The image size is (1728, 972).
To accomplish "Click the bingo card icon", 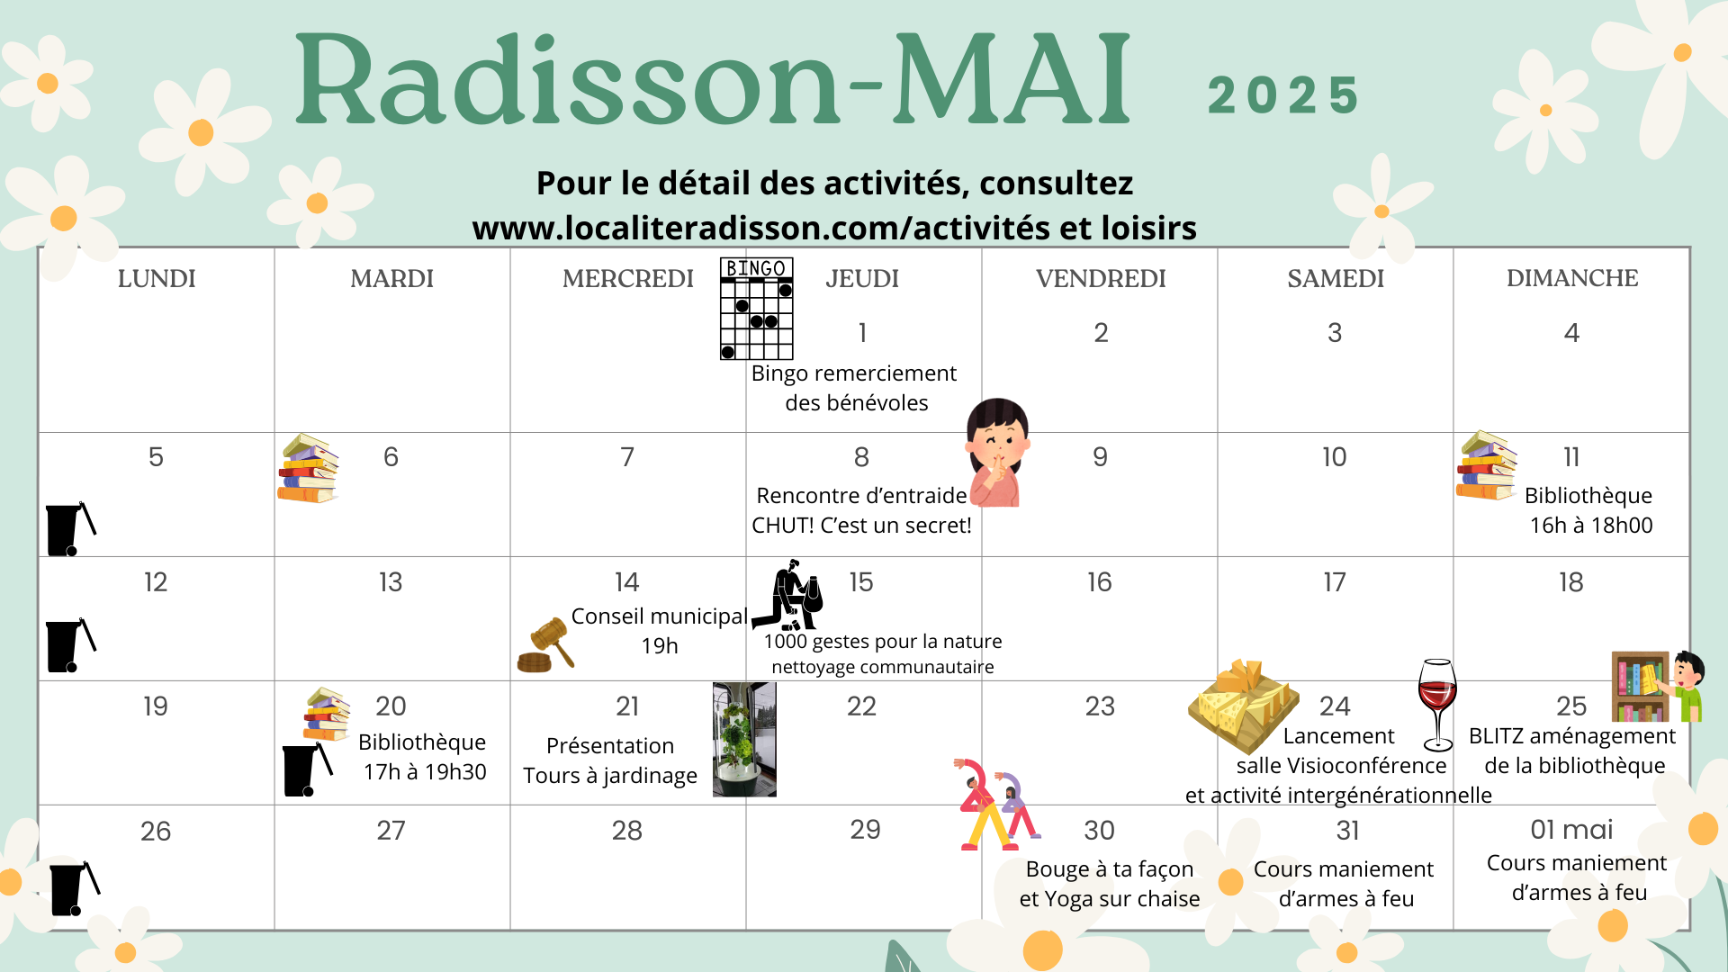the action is pos(757,309).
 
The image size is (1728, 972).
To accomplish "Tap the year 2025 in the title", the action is pos(1283,95).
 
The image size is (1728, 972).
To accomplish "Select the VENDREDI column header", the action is pos(1100,279).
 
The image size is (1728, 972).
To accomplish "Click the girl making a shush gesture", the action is pos(997,453).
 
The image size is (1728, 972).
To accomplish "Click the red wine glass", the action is pos(1437,705).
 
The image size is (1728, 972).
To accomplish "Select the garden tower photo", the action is pos(744,739).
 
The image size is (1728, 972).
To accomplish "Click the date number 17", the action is pos(1334,582).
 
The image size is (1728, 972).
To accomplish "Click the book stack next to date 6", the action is pos(308,468).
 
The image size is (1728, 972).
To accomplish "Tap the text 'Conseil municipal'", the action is pos(659,616).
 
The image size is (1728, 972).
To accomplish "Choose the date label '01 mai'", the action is pos(1571,830).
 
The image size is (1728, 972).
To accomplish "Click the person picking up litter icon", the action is pos(787,596).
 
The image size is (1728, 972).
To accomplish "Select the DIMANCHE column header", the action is pos(1571,278).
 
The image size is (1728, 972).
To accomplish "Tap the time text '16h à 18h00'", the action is pos(1591,526).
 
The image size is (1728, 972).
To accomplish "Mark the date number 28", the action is pos(626,831).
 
